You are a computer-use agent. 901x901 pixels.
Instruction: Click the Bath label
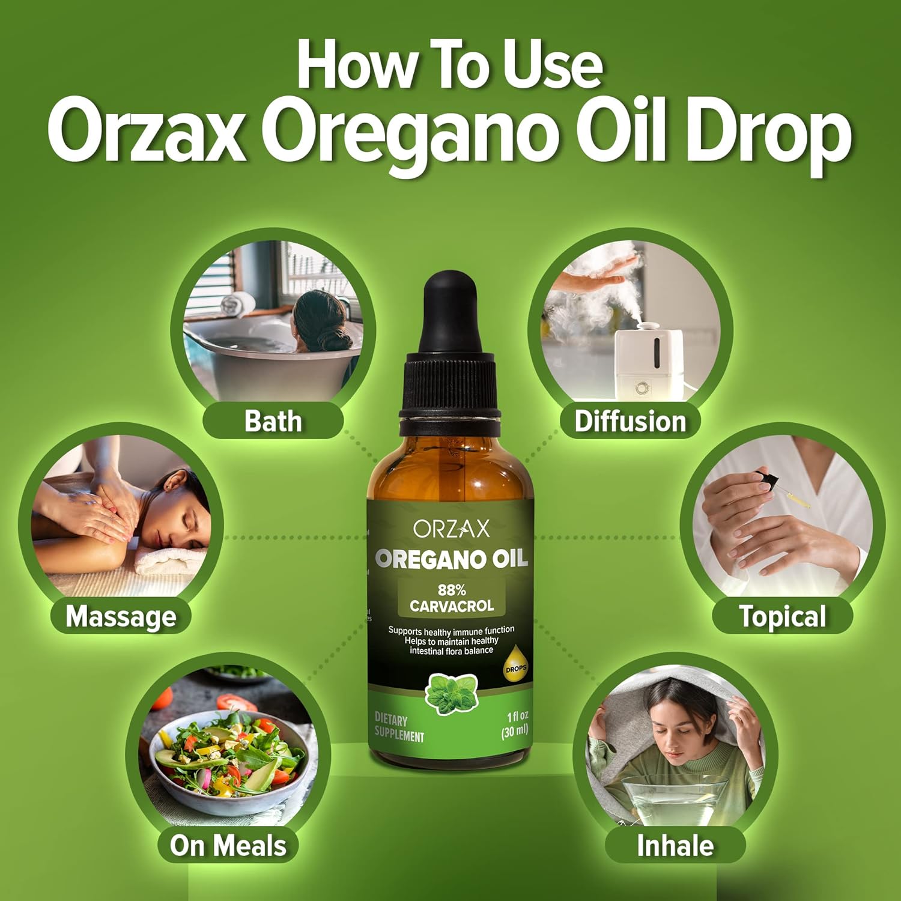[273, 421]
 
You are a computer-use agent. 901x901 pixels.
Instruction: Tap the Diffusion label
[630, 421]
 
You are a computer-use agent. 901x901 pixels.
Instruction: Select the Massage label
[121, 616]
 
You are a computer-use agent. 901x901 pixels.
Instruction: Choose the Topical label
[782, 616]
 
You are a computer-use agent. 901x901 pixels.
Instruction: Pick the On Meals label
[228, 845]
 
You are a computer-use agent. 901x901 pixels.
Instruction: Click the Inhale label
[675, 845]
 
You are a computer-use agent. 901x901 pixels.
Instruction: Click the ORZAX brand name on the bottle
[451, 529]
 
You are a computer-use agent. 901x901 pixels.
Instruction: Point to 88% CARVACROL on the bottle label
[452, 598]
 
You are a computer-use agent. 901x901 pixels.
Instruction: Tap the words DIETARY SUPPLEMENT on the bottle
[399, 727]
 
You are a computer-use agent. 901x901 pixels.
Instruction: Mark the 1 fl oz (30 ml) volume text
[515, 723]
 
